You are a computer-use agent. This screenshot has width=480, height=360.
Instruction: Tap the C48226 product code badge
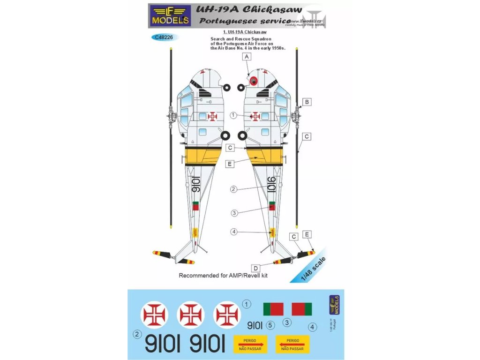(x=163, y=37)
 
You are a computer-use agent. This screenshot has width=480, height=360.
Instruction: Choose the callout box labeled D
(x=256, y=268)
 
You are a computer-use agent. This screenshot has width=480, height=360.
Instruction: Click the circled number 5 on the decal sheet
(x=269, y=324)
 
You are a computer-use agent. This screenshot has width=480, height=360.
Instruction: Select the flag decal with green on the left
(x=273, y=309)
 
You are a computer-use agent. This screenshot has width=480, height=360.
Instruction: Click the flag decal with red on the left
(x=302, y=309)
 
